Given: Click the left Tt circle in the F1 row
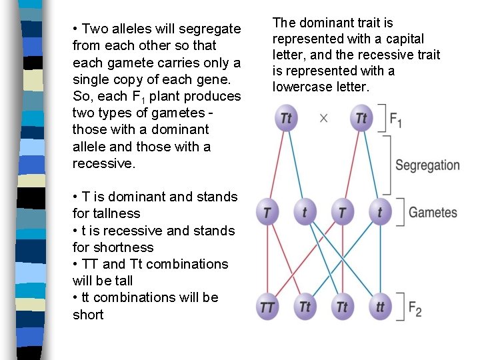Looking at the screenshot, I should tap(286, 118).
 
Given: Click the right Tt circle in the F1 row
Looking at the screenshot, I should tap(361, 118).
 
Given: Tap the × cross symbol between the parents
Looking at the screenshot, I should tap(323, 118).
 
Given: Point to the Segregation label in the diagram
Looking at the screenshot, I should tap(427, 165).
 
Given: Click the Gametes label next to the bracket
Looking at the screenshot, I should tap(433, 213).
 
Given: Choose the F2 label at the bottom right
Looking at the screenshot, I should tap(414, 309).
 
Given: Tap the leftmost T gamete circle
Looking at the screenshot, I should tap(267, 213).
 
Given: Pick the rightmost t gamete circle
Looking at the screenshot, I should tap(379, 213).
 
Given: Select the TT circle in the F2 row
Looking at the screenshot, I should tap(267, 307).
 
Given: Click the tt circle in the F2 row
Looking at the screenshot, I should tap(379, 307).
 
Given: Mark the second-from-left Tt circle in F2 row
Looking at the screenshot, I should tap(305, 307).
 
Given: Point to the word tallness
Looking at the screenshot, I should tap(116, 213).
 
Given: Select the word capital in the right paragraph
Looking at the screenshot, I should tap(404, 39).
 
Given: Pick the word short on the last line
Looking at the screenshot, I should tap(88, 315).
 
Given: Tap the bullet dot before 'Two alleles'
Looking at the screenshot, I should tap(75, 29).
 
